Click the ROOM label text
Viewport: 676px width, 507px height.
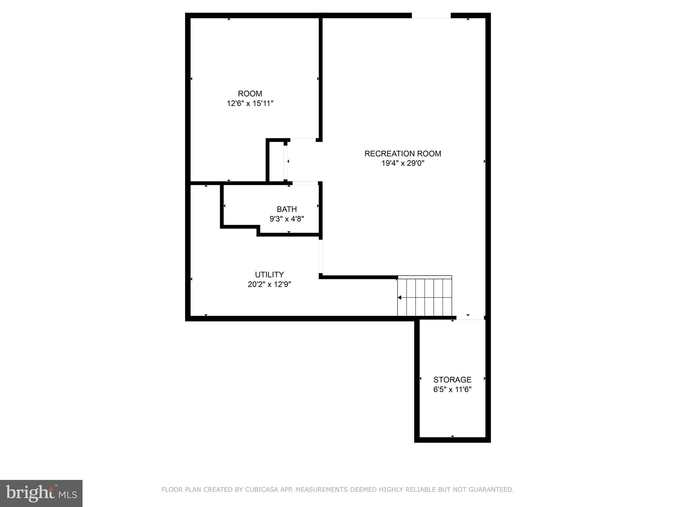[x=250, y=94]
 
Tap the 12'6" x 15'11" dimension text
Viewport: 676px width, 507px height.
[x=250, y=104]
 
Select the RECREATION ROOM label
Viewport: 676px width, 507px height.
[x=403, y=154]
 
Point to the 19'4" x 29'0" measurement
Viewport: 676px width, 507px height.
[x=403, y=163]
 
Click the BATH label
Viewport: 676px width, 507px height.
[x=287, y=209]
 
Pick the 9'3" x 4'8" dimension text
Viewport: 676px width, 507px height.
[x=287, y=219]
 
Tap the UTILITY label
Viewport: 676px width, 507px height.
[x=269, y=275]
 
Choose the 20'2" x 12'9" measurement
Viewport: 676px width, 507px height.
[x=269, y=284]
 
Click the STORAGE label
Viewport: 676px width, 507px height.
[x=452, y=380]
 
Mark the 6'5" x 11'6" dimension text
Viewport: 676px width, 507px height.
[x=452, y=389]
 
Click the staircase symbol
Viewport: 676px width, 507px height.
[x=424, y=296]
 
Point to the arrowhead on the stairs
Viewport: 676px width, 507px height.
[x=400, y=298]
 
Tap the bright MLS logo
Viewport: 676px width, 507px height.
[x=41, y=493]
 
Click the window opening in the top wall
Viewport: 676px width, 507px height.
[x=431, y=16]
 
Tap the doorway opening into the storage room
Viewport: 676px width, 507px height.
[x=470, y=318]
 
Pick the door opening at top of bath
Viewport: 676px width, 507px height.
[x=305, y=183]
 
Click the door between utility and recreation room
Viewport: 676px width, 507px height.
[x=321, y=256]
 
